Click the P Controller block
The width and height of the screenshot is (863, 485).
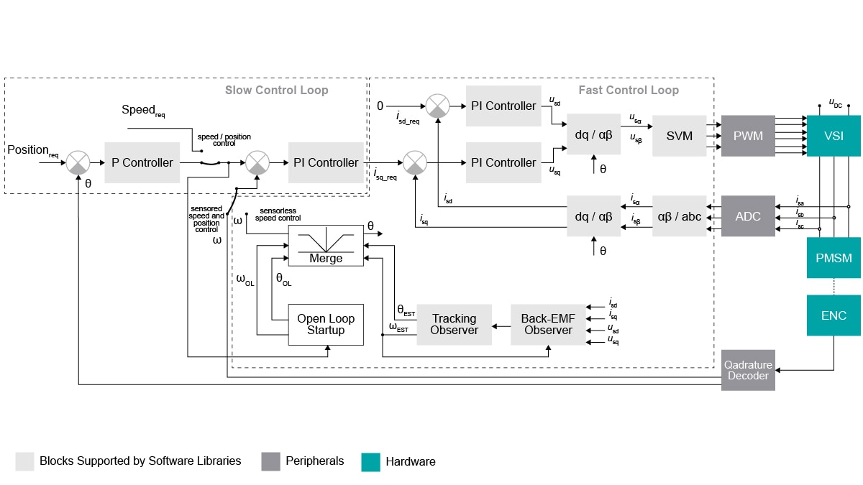point(142,162)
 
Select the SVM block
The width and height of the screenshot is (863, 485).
point(679,135)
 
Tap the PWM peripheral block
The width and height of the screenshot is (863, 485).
point(748,135)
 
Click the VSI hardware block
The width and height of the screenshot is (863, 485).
point(834,135)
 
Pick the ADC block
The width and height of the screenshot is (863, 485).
point(748,216)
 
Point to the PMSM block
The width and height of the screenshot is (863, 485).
point(834,257)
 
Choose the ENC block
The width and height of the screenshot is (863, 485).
point(834,315)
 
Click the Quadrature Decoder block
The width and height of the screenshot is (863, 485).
point(748,370)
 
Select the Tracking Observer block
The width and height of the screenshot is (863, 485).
point(454,324)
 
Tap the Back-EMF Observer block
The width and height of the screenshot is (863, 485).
point(548,324)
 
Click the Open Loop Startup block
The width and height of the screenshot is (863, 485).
point(326,324)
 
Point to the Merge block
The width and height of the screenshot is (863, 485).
point(326,246)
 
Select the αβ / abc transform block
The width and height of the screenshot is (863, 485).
point(679,216)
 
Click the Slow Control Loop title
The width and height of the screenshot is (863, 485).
point(276,90)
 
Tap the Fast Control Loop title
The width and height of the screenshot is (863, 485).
point(628,90)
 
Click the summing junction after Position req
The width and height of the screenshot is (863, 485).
point(78,162)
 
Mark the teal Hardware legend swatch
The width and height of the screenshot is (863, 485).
point(370,461)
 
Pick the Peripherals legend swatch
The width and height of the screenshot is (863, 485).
point(270,461)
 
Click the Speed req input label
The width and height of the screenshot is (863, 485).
point(143,110)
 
